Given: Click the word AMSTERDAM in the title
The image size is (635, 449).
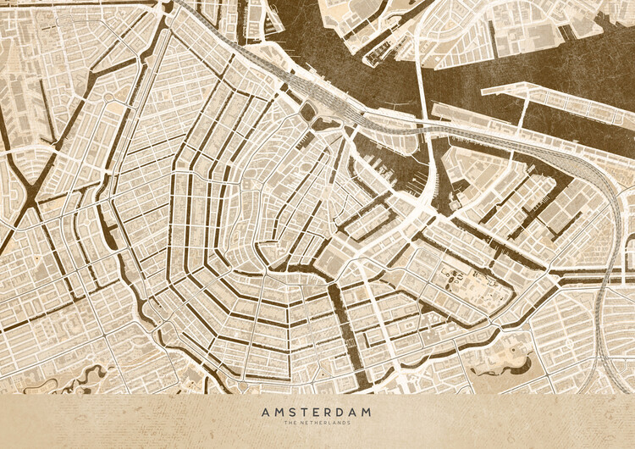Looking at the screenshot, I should click(x=317, y=412).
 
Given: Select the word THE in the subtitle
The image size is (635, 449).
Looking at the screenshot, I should click(x=294, y=424).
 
